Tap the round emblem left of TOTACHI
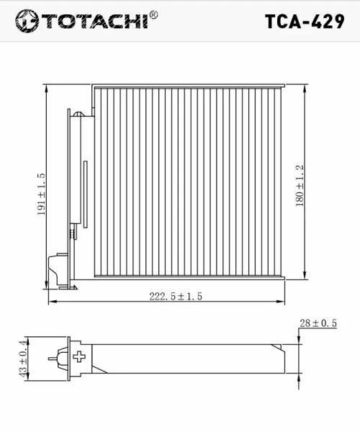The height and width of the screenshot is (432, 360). click(27, 21)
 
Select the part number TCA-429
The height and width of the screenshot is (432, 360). click(305, 22)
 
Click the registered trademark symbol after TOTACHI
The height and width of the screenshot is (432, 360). click(153, 15)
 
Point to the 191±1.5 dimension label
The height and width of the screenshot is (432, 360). click(41, 194)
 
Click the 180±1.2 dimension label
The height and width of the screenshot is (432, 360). click(300, 186)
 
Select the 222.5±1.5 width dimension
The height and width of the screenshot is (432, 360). click(176, 297)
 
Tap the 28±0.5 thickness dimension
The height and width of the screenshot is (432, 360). click(318, 323)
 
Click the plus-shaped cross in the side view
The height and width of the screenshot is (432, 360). click(79, 356)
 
